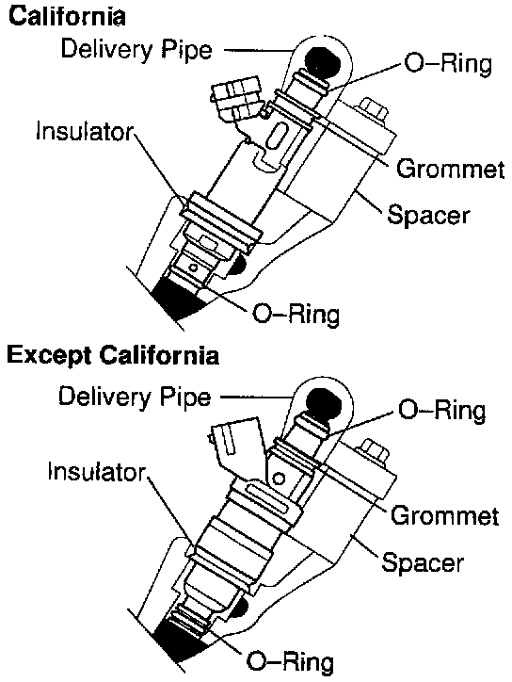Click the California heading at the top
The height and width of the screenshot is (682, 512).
coord(67,17)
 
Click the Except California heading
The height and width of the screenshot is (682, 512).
coord(113,355)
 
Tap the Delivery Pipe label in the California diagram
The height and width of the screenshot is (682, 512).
coord(136,50)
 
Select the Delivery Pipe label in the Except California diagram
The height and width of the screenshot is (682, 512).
coord(135,397)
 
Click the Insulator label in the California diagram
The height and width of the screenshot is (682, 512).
coord(85,131)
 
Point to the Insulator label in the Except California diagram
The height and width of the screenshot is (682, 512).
coord(97,472)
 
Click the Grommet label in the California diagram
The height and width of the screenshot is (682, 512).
coord(450,169)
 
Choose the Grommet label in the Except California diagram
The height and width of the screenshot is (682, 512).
coord(444,515)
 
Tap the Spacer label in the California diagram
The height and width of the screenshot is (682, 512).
coord(428,215)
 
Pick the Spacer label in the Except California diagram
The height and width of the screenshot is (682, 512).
coord(423,562)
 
